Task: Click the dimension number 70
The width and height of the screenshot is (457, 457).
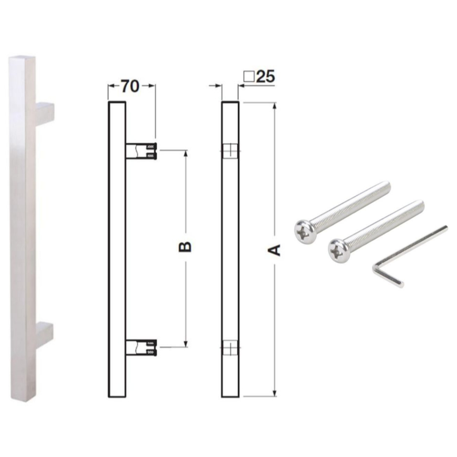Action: pos(130,86)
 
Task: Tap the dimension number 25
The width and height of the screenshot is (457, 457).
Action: pos(265,77)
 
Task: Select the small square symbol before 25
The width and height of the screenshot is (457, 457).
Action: pos(249,77)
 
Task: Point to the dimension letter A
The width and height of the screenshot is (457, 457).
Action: pos(274,250)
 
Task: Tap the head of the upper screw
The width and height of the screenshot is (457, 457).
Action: pos(304,232)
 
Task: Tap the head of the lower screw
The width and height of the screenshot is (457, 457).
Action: pos(338,251)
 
